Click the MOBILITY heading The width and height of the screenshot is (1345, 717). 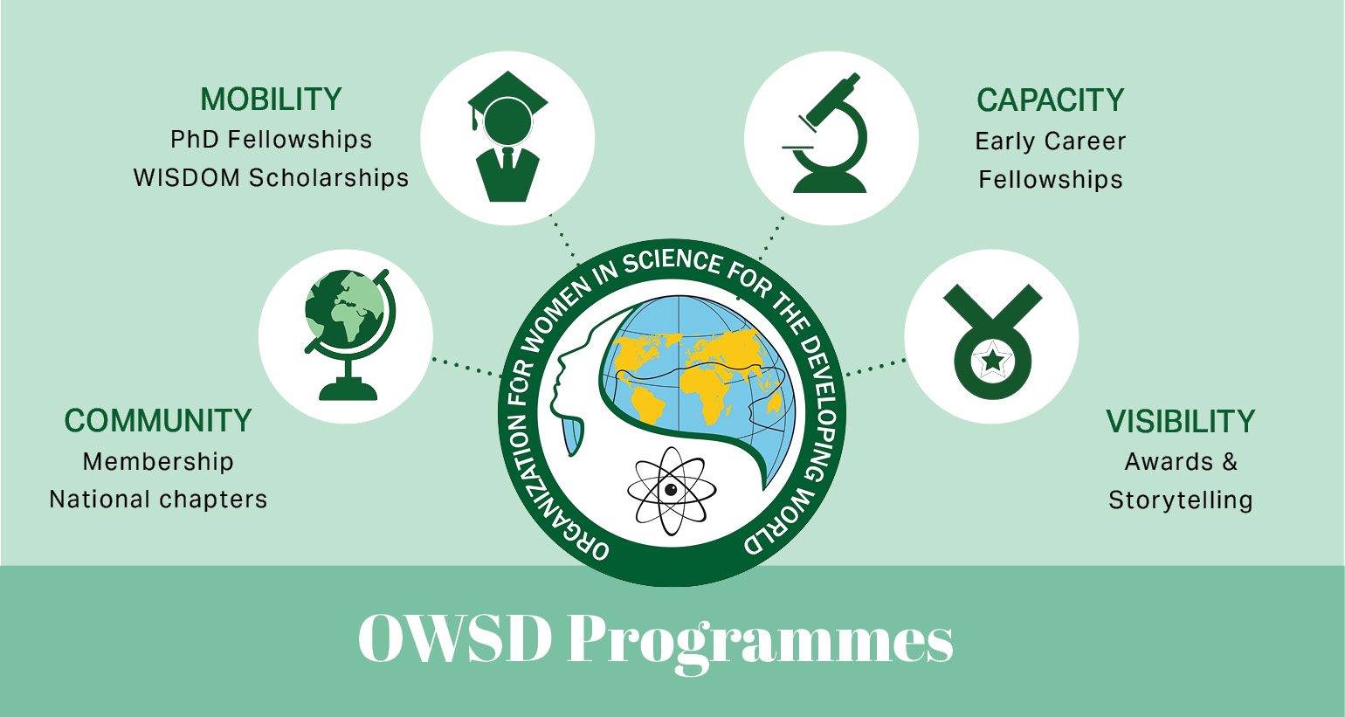click(271, 100)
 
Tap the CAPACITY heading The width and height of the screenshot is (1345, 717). click(1050, 100)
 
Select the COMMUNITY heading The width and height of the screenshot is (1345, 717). click(158, 421)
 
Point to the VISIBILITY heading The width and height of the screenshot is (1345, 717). click(1180, 422)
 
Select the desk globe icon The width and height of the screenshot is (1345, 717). click(348, 335)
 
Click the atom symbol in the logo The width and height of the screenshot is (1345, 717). click(671, 490)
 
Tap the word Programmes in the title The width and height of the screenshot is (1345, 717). click(760, 640)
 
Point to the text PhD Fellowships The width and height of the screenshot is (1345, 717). click(271, 140)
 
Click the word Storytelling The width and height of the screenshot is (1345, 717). click(1180, 500)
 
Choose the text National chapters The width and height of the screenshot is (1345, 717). click(158, 500)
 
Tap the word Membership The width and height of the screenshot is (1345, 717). click(158, 461)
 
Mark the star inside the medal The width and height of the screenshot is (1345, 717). click(993, 359)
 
